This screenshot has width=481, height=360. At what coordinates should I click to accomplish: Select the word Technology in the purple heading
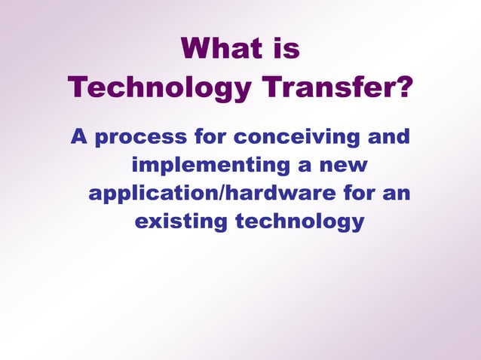pyautogui.click(x=161, y=87)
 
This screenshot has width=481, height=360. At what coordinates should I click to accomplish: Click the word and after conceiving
pyautogui.click(x=388, y=137)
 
